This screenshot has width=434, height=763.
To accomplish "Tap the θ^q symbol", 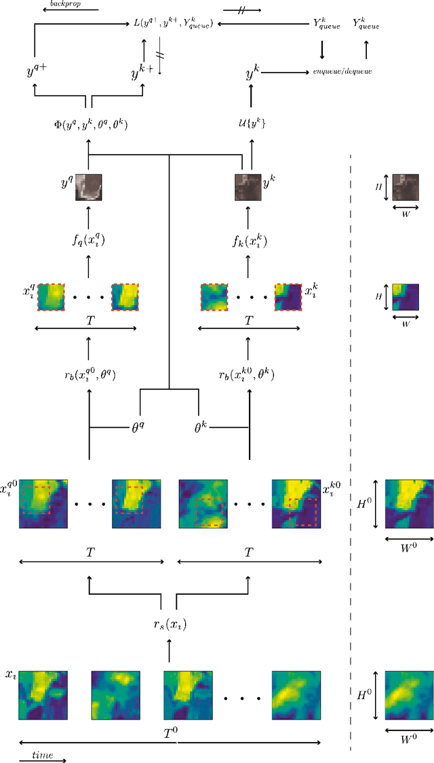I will (x=140, y=428).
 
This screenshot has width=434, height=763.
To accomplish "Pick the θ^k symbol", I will (x=201, y=428).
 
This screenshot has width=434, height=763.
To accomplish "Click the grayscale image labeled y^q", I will (x=89, y=187).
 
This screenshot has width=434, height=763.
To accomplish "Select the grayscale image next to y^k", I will (x=248, y=187).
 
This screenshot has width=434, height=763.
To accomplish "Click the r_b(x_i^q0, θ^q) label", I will (x=90, y=374).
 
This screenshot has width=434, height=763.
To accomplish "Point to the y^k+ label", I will (x=141, y=71).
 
